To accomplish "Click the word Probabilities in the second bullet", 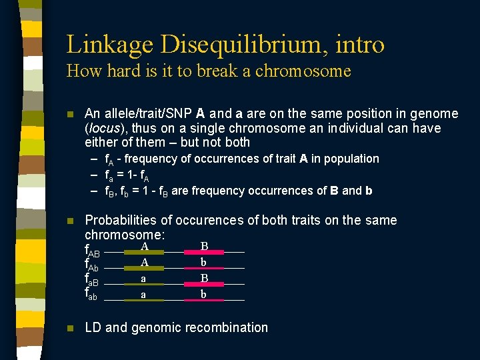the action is click(125, 220).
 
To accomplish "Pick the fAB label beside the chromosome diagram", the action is click(93, 251).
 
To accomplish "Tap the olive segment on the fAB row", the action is click(143, 253).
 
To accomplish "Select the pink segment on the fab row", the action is click(205, 301).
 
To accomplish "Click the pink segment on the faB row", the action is click(205, 285).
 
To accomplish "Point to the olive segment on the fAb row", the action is click(143, 269).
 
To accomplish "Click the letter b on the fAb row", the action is click(205, 262).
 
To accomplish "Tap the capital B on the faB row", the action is click(205, 277).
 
